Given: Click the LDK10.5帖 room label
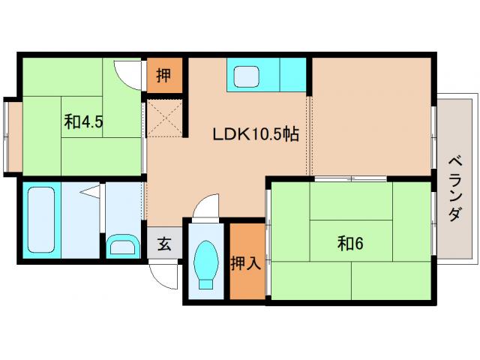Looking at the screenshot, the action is (256, 133).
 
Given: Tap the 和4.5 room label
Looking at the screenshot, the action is (83, 121).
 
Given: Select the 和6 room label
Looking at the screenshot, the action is (350, 244).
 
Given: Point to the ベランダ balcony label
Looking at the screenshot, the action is (455, 188).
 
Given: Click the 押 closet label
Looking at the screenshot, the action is (163, 75).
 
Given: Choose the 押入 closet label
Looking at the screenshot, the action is (245, 263).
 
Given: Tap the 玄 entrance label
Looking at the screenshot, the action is (164, 244).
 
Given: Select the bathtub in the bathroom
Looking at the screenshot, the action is (41, 220).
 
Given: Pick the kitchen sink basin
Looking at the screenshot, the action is (247, 76).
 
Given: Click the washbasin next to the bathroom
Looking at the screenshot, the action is (123, 245).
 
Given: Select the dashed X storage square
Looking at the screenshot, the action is (165, 118).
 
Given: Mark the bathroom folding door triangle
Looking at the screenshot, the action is (90, 192).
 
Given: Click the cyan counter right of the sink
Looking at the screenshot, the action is (293, 75).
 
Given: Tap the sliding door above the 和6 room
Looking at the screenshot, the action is (351, 178).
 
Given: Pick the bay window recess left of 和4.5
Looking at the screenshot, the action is (13, 136).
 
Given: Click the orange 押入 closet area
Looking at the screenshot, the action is (247, 261).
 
